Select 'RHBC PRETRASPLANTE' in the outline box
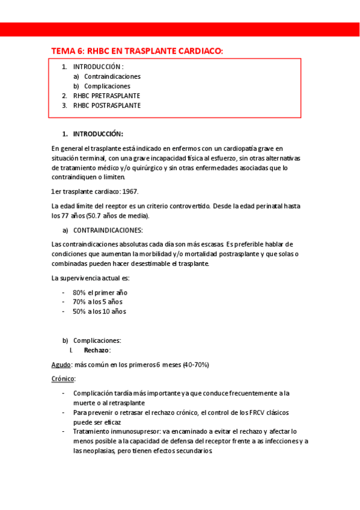(107, 96)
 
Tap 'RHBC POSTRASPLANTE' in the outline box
(107, 105)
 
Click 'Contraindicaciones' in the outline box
(112, 76)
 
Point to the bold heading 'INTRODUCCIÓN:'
(98, 134)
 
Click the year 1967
(129, 191)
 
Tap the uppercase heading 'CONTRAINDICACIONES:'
(108, 230)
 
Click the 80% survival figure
(79, 292)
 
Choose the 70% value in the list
(79, 302)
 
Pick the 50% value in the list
(79, 312)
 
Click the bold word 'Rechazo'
(96, 350)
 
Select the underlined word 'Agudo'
(61, 364)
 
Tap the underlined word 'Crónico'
(63, 379)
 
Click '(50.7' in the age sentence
(94, 215)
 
